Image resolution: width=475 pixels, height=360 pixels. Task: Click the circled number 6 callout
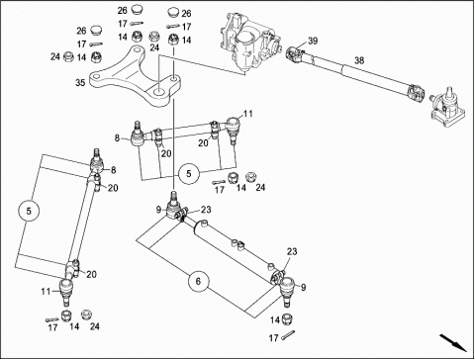(x=198, y=281)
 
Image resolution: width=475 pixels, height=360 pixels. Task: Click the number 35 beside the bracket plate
(x=80, y=82)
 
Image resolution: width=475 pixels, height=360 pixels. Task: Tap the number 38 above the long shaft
(x=359, y=60)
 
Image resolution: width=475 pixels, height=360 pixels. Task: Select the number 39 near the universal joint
(x=313, y=41)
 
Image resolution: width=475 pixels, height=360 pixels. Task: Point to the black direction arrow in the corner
(x=453, y=343)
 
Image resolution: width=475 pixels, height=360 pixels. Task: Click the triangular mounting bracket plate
(x=136, y=77)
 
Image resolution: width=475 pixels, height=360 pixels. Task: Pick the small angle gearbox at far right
(x=448, y=108)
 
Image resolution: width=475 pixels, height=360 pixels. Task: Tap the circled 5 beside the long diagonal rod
(x=29, y=211)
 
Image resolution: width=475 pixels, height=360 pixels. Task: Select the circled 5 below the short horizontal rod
(x=189, y=173)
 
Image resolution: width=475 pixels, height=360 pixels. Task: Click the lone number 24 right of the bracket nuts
(x=154, y=47)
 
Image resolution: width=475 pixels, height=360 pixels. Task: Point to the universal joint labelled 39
(x=295, y=54)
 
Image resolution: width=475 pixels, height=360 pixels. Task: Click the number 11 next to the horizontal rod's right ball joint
(x=248, y=114)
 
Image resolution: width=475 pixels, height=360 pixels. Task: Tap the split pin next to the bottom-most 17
(x=288, y=334)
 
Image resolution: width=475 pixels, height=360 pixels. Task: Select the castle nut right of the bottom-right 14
(x=287, y=318)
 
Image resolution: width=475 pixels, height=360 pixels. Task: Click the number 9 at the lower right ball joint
(x=303, y=288)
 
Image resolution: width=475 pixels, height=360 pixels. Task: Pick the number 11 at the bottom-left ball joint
(x=46, y=292)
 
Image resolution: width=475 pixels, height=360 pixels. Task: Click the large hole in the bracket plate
(x=159, y=92)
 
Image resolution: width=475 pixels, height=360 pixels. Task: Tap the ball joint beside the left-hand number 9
(x=174, y=206)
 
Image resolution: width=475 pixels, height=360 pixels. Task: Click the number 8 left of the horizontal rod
(x=117, y=138)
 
